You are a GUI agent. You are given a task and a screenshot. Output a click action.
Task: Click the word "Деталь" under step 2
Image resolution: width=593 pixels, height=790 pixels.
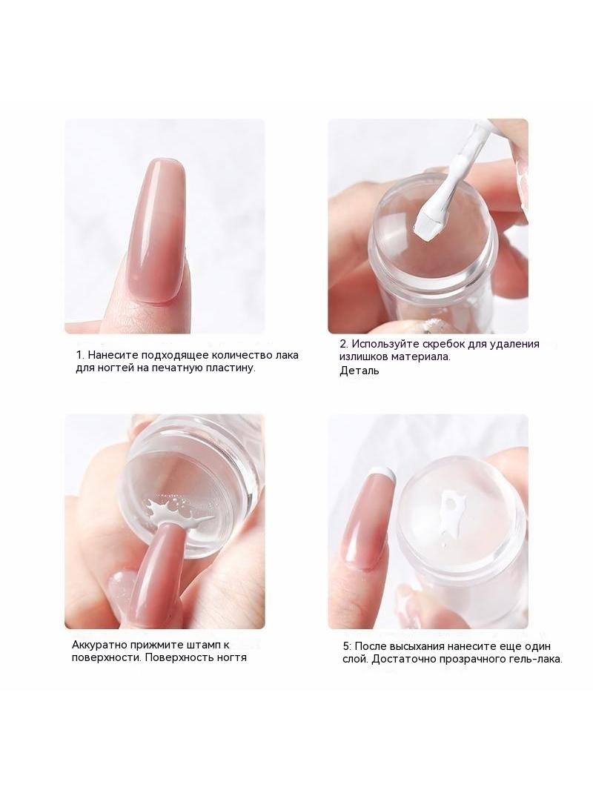tap(359, 371)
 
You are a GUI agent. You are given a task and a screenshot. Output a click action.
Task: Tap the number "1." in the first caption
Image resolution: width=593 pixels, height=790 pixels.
tap(80, 355)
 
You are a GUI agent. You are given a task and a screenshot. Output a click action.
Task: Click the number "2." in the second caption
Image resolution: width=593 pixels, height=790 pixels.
tap(344, 344)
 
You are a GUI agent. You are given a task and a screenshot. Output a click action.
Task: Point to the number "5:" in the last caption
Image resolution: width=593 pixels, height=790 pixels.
tap(348, 646)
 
